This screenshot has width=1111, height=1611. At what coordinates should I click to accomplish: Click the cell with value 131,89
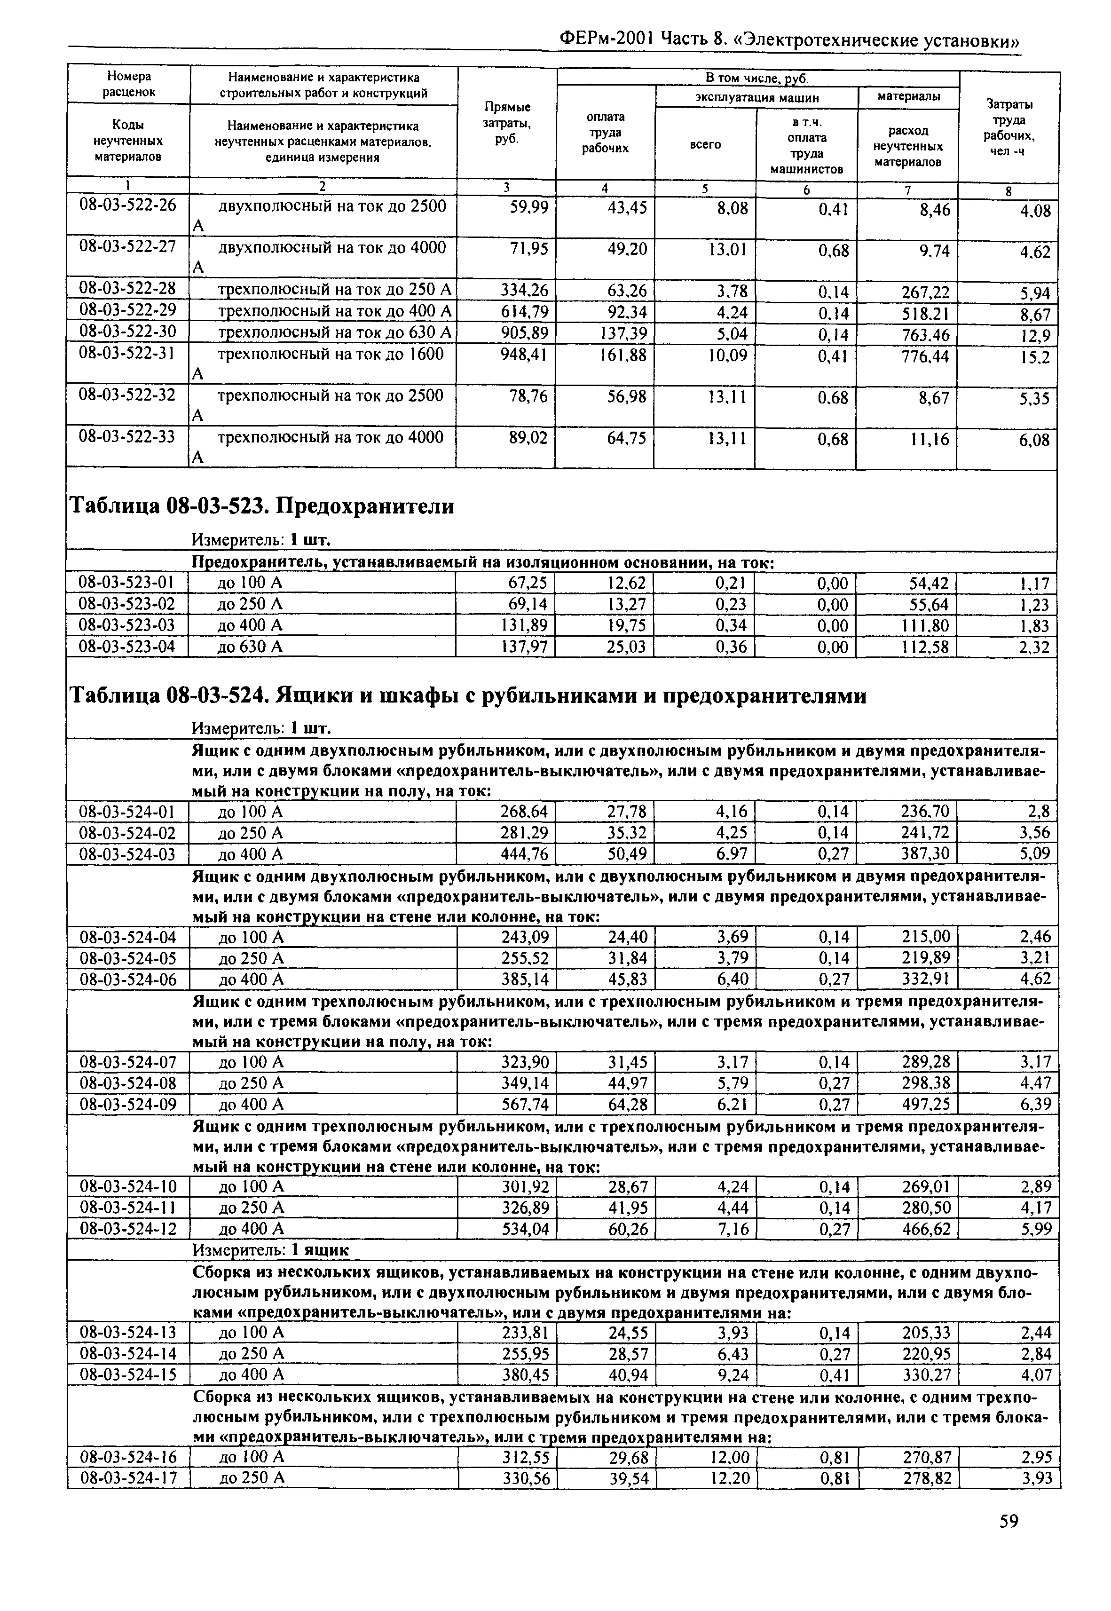pos(525,625)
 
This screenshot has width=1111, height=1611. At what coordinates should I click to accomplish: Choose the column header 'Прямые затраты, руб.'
pos(507,123)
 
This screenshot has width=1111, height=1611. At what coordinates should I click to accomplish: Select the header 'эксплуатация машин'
pos(756,97)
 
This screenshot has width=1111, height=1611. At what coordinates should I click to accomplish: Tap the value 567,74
pos(525,1105)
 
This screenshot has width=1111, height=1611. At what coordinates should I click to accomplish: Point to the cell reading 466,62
pos(926,1230)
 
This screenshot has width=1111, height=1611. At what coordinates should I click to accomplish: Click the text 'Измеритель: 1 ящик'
pos(270,1250)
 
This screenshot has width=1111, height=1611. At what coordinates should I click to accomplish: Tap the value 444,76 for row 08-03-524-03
pos(525,854)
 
